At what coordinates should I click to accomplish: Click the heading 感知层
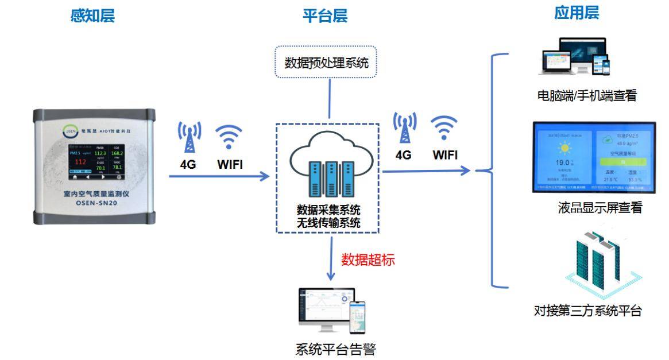92,16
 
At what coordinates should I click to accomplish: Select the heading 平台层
325,16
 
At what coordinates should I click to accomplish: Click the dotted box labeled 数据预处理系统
326,62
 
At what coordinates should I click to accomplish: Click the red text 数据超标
368,260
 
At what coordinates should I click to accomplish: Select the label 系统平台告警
336,349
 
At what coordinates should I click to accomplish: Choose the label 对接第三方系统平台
587,312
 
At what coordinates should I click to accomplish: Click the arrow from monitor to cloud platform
219,176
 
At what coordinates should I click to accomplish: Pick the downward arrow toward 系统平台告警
331,262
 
